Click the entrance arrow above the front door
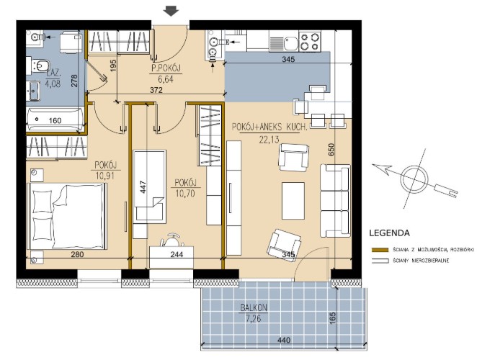point(171,12)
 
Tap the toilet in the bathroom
point(38,66)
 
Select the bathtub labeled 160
point(54,120)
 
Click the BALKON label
point(254,307)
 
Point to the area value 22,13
point(269,140)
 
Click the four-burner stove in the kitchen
point(310,41)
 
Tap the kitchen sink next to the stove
point(287,42)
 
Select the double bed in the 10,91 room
point(67,217)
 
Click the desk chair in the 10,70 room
point(172,240)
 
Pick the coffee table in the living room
point(293,201)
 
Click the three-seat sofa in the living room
point(335,201)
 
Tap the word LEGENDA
point(389,233)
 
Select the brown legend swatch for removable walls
point(380,250)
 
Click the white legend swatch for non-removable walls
point(380,261)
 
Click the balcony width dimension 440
point(284,340)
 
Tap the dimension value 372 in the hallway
point(156,90)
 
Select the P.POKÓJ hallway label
point(166,68)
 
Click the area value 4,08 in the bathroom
point(53,84)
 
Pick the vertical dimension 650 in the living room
point(331,150)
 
